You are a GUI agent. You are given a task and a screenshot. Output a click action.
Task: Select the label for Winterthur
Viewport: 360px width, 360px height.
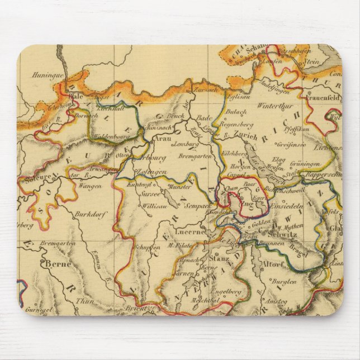(275, 105)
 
